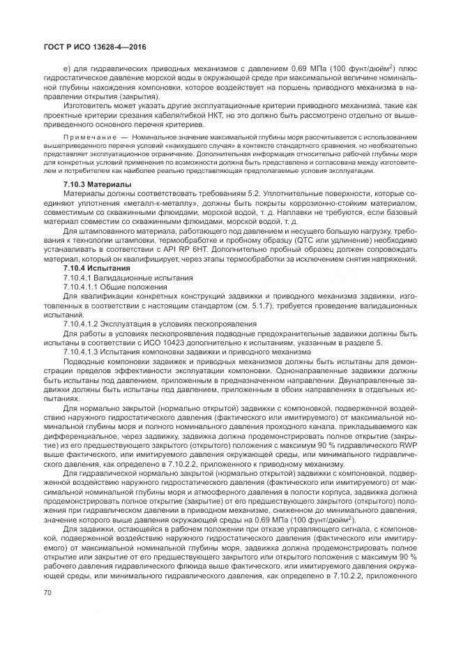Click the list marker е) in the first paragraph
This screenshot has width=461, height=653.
[x=66, y=68]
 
